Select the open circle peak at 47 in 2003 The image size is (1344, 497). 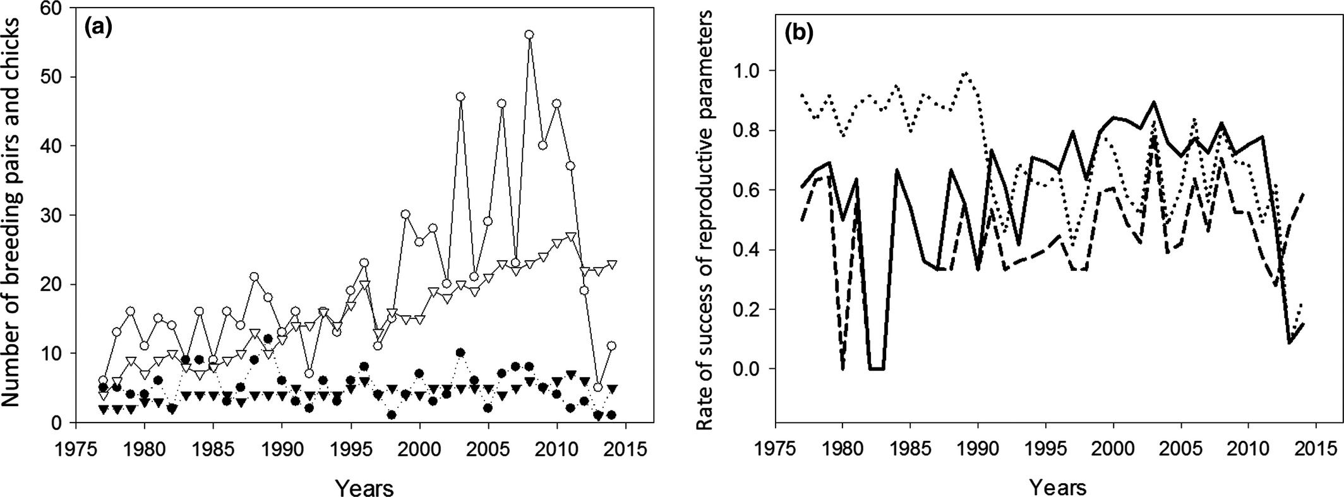pos(460,97)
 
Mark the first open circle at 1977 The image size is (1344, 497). pos(104,381)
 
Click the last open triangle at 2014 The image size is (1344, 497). pos(611,264)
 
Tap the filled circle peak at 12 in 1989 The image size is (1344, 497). pos(268,339)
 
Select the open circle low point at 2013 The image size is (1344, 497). pos(598,388)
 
